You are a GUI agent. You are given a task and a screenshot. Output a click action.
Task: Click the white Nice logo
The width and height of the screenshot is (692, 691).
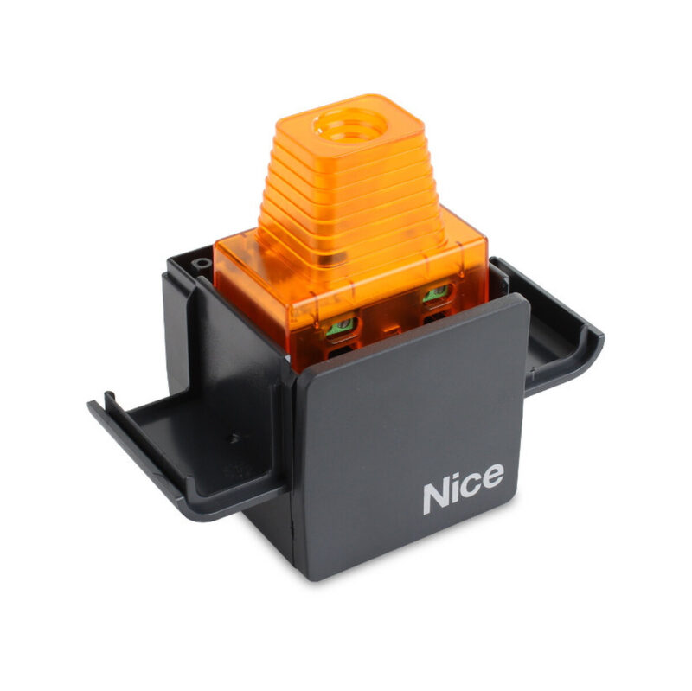click(462, 489)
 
